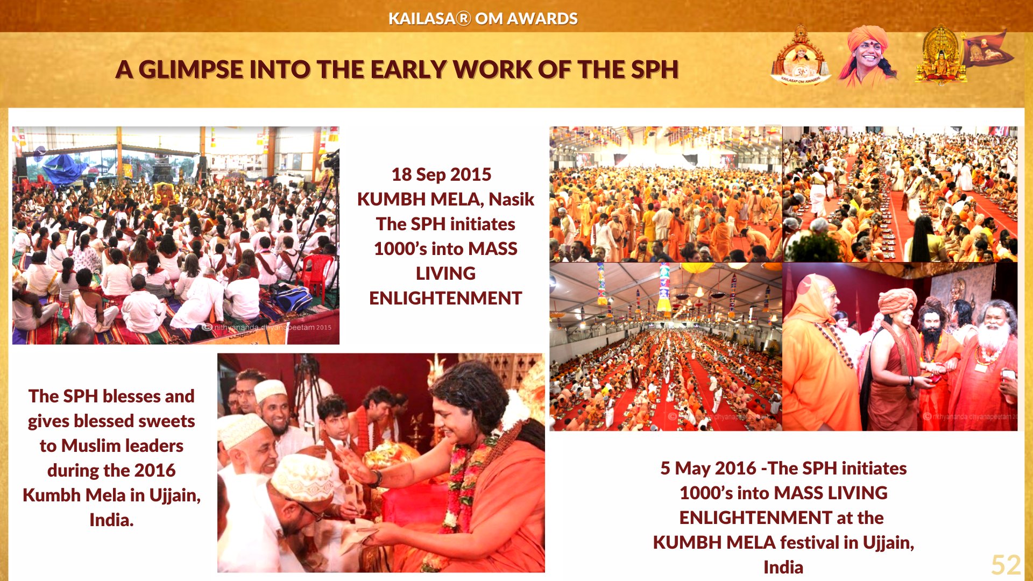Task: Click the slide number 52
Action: pos(1006,565)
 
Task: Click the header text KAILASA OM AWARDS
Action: pos(483,19)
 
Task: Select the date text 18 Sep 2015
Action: pos(441,174)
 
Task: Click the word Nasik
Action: pos(511,199)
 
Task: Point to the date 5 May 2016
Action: pos(708,469)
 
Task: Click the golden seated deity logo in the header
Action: pos(940,55)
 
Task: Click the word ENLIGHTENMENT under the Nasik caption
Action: pos(445,298)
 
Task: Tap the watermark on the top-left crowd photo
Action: pos(267,327)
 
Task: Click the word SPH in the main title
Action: pos(655,70)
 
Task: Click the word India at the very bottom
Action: pos(783,567)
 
